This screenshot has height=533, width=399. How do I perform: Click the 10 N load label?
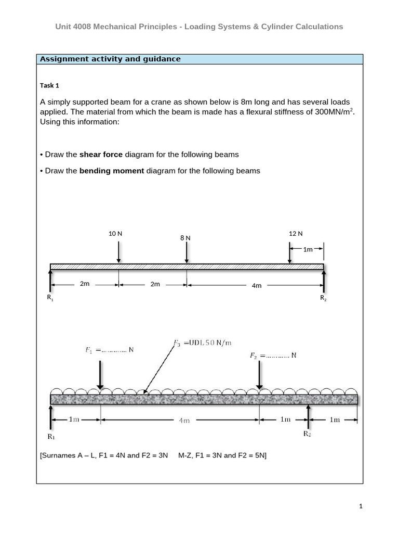click(x=115, y=234)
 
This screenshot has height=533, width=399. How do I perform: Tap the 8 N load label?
click(x=185, y=238)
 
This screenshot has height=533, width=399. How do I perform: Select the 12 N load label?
click(x=296, y=234)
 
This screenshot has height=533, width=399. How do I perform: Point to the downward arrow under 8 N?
click(x=187, y=253)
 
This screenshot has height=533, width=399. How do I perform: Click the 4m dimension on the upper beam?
click(x=257, y=285)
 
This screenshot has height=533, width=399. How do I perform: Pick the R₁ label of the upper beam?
click(x=50, y=298)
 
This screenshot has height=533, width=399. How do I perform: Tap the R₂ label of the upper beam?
click(x=323, y=298)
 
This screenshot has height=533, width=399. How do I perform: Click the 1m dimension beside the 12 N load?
click(x=308, y=249)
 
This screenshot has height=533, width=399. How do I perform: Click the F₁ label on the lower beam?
click(x=109, y=350)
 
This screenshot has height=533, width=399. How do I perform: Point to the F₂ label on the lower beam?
click(x=273, y=356)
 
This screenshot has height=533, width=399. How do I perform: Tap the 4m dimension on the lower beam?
click(x=184, y=421)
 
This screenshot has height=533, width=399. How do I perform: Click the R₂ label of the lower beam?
click(x=308, y=434)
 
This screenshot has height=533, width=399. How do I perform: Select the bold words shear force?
click(x=101, y=155)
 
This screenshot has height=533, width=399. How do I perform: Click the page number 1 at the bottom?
click(x=359, y=506)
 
